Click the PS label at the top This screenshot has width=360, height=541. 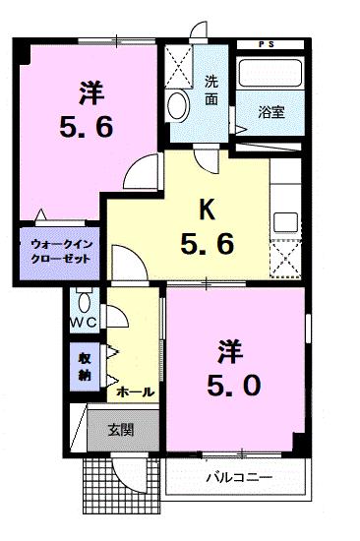tap(268, 45)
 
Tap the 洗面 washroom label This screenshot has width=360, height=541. tap(211, 90)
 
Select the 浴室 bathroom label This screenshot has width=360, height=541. tap(271, 112)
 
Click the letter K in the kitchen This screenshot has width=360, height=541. tap(207, 209)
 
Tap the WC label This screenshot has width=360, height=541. tap(83, 322)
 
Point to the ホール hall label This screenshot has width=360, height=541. tap(135, 391)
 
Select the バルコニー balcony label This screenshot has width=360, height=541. tap(238, 478)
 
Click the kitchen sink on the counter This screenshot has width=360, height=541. tap(285, 218)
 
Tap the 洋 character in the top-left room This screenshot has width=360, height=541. tap(91, 91)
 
